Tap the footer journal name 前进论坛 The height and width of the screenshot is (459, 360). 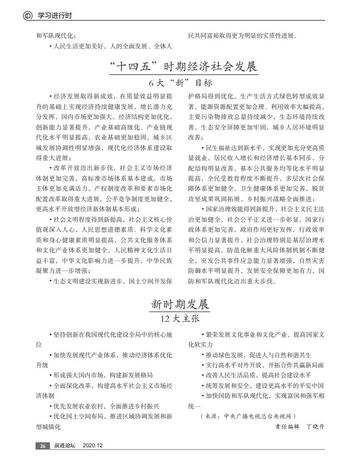pyautogui.click(x=64, y=446)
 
